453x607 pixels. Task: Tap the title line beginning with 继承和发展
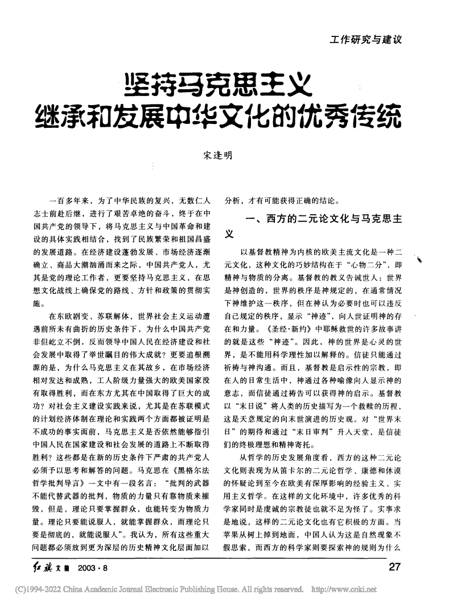[x=218, y=116]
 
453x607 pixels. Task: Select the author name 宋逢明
[x=217, y=155]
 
